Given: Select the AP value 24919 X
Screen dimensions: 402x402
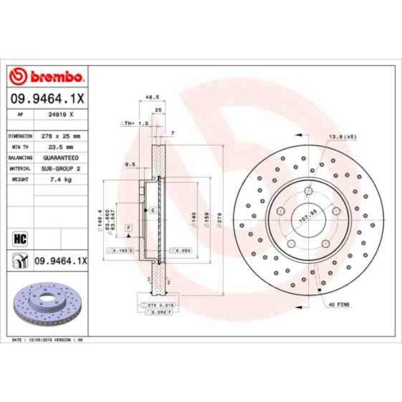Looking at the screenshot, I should (x=62, y=115).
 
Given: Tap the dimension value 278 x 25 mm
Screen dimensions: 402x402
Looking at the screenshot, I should (x=62, y=135).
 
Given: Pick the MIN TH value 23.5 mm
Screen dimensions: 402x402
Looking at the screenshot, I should (x=62, y=147).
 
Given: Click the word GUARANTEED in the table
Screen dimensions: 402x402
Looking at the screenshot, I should (x=62, y=157).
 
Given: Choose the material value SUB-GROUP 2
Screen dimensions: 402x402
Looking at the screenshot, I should (x=62, y=168).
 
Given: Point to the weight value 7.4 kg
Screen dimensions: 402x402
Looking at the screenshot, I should (x=62, y=179).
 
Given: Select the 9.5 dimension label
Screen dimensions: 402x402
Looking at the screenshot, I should (x=130, y=164).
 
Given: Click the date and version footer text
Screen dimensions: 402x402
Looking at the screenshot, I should (x=48, y=340).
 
